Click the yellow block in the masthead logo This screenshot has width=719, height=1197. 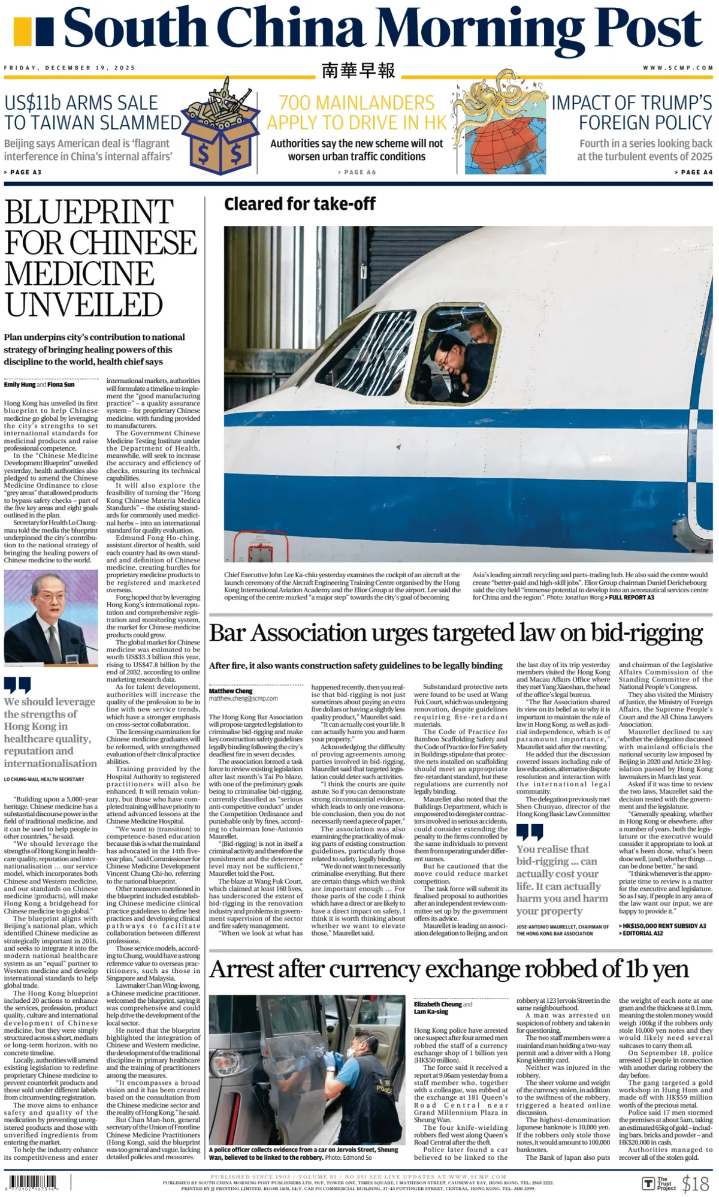(23, 32)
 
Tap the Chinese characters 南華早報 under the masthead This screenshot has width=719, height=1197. (358, 70)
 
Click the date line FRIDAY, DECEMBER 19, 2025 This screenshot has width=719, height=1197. (70, 68)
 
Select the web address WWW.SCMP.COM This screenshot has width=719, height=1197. (678, 68)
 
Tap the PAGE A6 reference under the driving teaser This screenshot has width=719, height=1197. (357, 172)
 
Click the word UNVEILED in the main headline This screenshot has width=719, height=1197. (84, 304)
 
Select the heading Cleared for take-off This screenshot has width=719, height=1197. (300, 204)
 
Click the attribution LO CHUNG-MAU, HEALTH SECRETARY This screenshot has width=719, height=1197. (44, 779)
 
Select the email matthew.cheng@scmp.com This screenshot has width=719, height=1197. (243, 698)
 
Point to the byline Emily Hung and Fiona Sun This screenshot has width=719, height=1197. (39, 384)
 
